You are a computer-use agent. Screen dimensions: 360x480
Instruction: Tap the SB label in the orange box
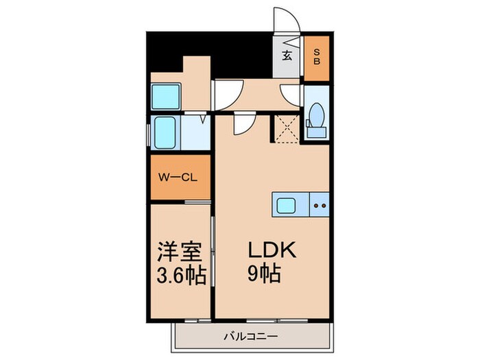(317, 56)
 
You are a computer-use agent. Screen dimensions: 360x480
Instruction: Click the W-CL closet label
(178, 178)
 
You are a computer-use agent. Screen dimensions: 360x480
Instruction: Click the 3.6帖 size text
(182, 275)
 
